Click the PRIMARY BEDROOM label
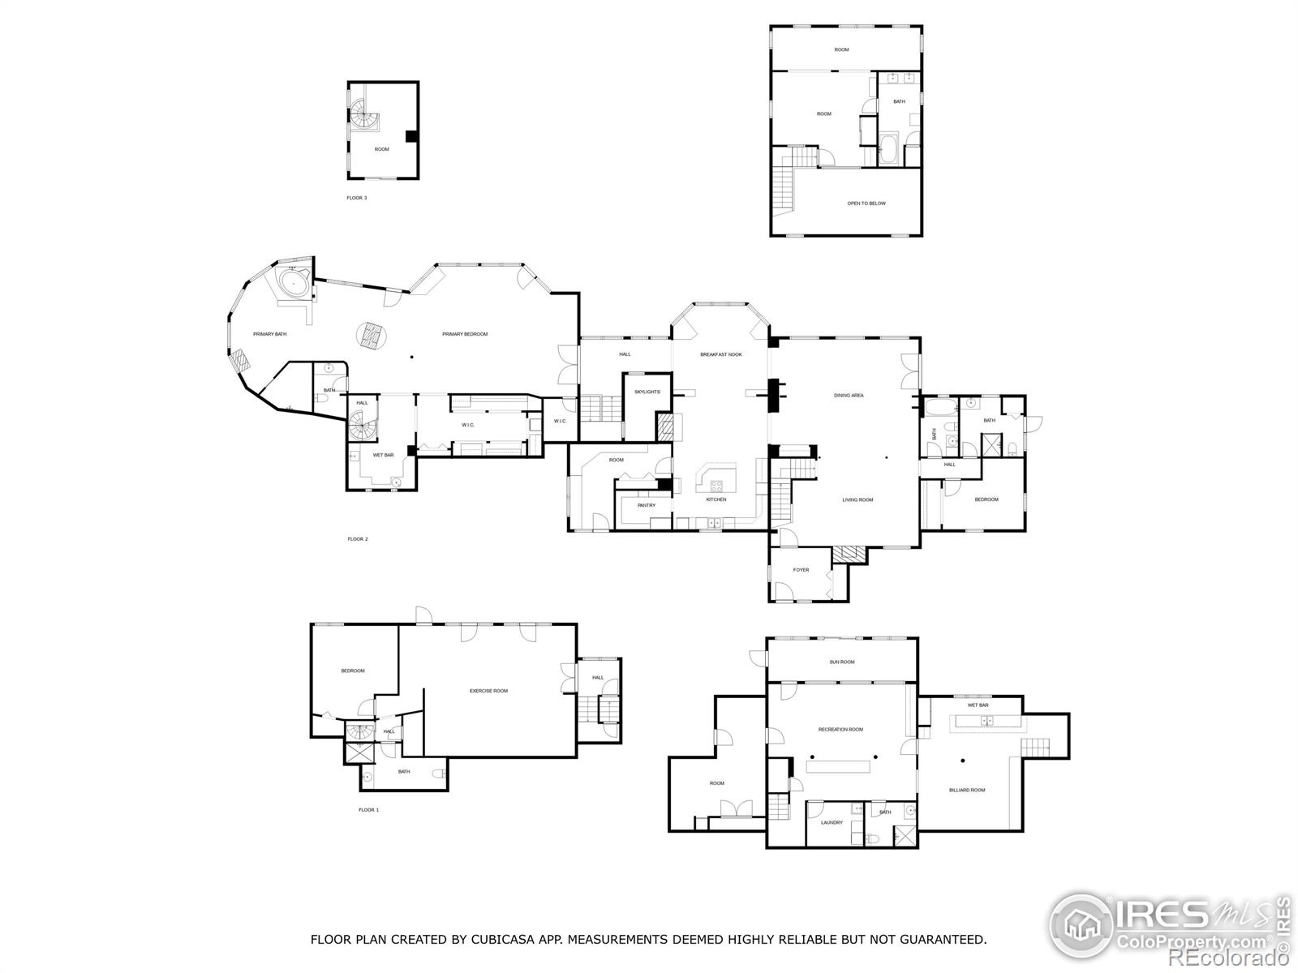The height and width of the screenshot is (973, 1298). [x=465, y=334]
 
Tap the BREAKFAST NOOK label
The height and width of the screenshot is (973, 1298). [x=721, y=354]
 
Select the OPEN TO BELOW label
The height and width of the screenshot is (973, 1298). [x=866, y=204]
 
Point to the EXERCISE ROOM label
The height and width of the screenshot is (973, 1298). [x=488, y=691]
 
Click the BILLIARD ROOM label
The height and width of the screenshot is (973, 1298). [x=967, y=790]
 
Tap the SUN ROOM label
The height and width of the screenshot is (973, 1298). [x=841, y=662]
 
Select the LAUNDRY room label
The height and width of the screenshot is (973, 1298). [x=832, y=822]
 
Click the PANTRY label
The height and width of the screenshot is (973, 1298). [x=647, y=505]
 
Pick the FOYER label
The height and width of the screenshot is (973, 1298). [x=801, y=570]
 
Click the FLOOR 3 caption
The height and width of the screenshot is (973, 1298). [x=357, y=198]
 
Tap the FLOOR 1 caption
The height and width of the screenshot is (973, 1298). [x=368, y=810]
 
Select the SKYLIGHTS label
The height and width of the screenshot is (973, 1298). [x=647, y=392]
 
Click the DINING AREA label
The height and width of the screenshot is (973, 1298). [x=849, y=396]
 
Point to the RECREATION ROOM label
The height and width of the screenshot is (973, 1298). [x=840, y=730]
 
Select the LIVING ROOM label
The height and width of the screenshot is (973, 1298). [x=857, y=500]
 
